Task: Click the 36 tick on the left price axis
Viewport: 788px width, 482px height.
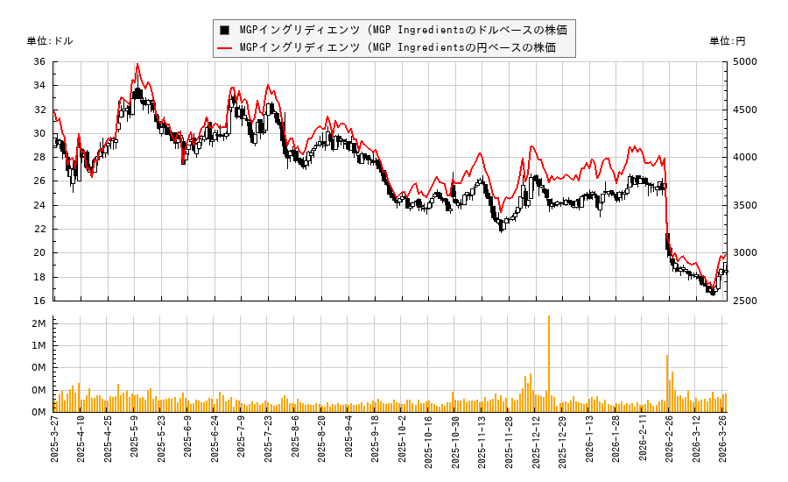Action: click(x=39, y=62)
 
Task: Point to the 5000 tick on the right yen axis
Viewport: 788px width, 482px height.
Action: click(x=746, y=62)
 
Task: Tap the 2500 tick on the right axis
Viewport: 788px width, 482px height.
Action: click(x=746, y=301)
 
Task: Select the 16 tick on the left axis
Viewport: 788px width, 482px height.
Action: click(x=39, y=301)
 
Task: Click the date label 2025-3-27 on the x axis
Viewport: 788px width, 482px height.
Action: click(x=54, y=443)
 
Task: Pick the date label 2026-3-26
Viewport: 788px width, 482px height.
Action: click(x=724, y=443)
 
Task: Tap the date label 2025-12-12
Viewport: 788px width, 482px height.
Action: click(x=536, y=443)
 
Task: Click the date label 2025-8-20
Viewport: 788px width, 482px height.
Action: click(x=322, y=443)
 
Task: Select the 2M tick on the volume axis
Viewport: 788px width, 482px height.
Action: click(x=39, y=324)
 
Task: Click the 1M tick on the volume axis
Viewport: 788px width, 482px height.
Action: click(x=39, y=346)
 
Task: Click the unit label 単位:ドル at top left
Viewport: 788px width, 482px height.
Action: click(x=50, y=41)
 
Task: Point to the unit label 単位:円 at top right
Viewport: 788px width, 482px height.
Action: click(x=727, y=41)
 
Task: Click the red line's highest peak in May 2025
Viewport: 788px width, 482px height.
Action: click(x=137, y=64)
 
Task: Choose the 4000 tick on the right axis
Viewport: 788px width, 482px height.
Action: click(x=746, y=158)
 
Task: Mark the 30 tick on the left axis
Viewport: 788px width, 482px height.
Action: click(x=39, y=134)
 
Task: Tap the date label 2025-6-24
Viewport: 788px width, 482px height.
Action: click(x=215, y=443)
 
